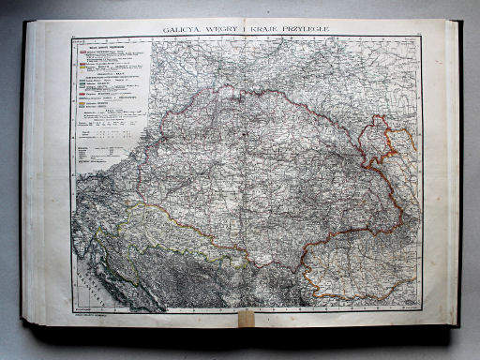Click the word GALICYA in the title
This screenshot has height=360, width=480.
[183, 30]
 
